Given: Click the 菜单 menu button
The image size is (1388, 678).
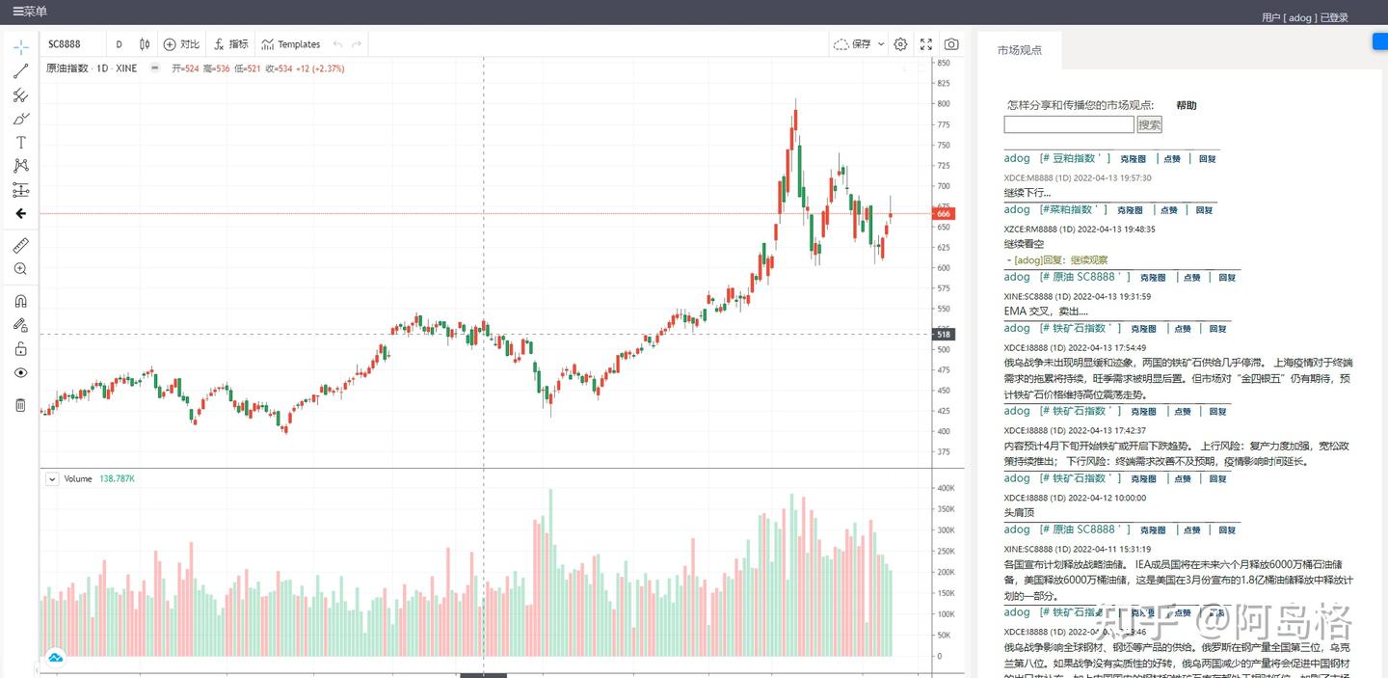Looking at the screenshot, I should (x=29, y=12).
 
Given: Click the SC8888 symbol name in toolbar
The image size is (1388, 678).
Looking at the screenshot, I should (x=65, y=44).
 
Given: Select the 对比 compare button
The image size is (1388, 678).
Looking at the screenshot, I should (x=181, y=44).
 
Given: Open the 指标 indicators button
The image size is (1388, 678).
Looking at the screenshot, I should (x=231, y=44).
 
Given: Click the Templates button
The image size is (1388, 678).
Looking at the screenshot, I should (x=291, y=44).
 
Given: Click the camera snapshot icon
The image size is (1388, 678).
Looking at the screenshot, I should (x=951, y=44).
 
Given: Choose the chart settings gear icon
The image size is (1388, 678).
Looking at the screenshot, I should (x=900, y=44).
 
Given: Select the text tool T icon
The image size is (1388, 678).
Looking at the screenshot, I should (x=20, y=142).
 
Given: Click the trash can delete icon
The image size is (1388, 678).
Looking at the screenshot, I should (x=20, y=404).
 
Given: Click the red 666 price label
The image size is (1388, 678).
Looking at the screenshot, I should (x=944, y=214).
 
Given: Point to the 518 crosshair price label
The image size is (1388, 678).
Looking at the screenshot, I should (x=944, y=335).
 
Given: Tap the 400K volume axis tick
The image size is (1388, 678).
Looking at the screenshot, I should (x=946, y=488).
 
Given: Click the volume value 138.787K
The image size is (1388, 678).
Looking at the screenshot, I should (x=117, y=478).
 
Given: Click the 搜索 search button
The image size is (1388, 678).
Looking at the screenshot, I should (x=1149, y=124).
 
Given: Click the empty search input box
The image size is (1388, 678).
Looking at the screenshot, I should (x=1068, y=124).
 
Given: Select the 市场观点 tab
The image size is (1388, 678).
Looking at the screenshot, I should (x=1019, y=50).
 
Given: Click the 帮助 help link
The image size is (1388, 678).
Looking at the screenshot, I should (x=1186, y=105).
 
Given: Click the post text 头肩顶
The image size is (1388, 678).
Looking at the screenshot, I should (x=1019, y=513).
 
